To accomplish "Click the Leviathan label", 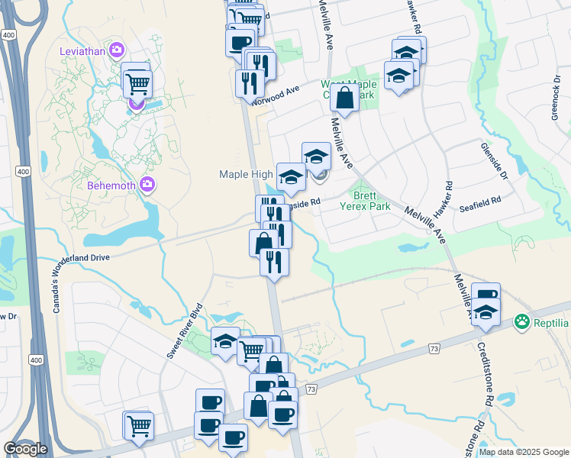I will [83, 51].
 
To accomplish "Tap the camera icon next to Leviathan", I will [116, 50].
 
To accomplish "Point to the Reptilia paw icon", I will [522, 322].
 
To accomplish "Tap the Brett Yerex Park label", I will [371, 200].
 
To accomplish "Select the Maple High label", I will [246, 174].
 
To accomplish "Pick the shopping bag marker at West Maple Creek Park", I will [345, 97].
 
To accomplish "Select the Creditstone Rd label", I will [486, 366].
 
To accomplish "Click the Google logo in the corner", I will [25, 448].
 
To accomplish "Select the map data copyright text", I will [523, 452].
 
